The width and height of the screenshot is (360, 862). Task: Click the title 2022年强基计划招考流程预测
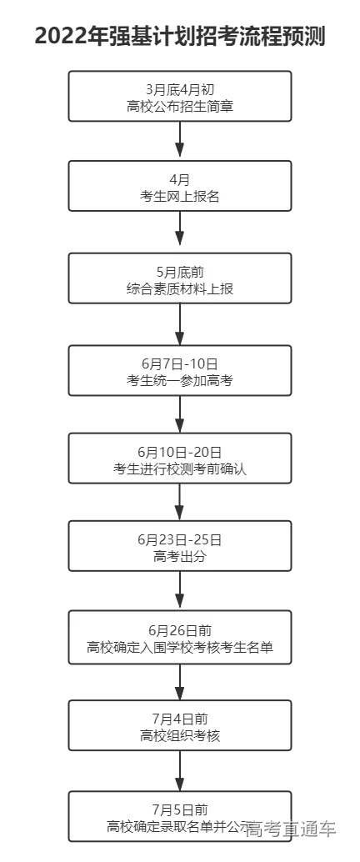click(x=180, y=38)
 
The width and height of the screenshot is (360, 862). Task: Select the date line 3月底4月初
click(x=179, y=89)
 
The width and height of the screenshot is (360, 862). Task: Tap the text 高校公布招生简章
click(x=179, y=105)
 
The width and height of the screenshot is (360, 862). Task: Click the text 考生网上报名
click(x=179, y=197)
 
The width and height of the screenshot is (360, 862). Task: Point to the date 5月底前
click(x=179, y=272)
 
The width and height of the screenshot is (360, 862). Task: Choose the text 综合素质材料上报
click(x=179, y=288)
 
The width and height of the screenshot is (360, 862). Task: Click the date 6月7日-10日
click(x=179, y=364)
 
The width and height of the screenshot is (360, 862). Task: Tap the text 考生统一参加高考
click(x=179, y=381)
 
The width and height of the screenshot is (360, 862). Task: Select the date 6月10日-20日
click(x=179, y=452)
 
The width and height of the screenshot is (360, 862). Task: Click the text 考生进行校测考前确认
click(x=179, y=469)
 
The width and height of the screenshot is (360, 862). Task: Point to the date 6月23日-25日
click(x=179, y=539)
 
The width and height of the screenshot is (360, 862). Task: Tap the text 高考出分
click(x=179, y=556)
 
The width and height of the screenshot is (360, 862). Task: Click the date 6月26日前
click(x=179, y=629)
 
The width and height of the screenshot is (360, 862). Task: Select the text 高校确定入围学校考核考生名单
click(x=179, y=646)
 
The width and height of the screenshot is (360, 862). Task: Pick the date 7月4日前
click(x=179, y=719)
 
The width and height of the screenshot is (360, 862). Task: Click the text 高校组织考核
click(x=179, y=735)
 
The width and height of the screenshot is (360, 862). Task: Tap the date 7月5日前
click(x=179, y=809)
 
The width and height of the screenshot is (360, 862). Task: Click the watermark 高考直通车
click(x=291, y=829)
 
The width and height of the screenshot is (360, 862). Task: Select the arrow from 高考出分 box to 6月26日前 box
click(x=180, y=592)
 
